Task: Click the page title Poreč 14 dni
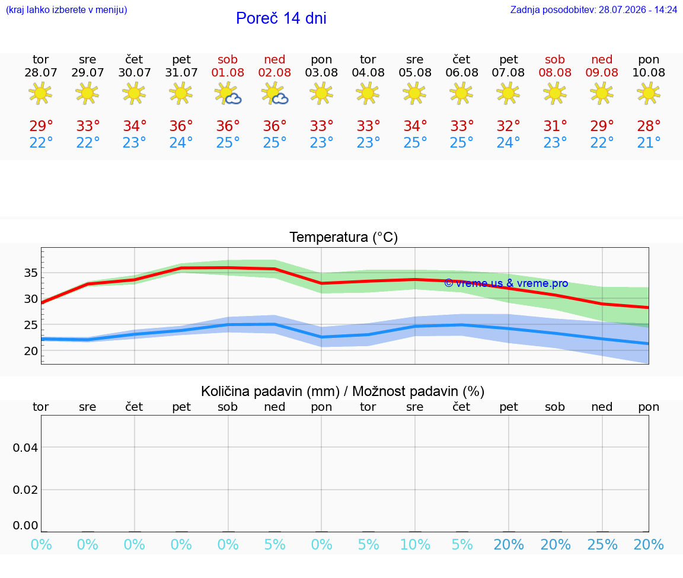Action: coord(281,18)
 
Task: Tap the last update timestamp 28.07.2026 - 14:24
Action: coord(638,9)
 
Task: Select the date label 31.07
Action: coord(181,73)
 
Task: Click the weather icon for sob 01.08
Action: coord(228,94)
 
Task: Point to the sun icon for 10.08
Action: coord(649,94)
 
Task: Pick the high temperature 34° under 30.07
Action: coord(135,126)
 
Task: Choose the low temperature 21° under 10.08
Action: coord(649,142)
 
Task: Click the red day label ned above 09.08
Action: coord(602,59)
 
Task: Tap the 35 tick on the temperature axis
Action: coord(31,273)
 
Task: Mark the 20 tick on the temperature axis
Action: coord(31,351)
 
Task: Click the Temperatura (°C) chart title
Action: coord(344,237)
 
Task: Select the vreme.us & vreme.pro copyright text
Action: coord(506,283)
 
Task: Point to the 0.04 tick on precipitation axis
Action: coord(25,448)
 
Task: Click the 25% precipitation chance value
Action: coord(602,544)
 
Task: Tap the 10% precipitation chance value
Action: coord(415,544)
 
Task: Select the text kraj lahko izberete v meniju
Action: coord(66,9)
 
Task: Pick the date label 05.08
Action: coord(415,73)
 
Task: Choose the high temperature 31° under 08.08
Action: coord(555,126)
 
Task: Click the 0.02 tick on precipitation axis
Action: coord(25,490)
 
